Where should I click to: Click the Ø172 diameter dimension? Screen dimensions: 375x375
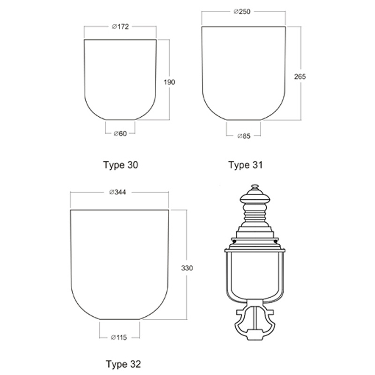[120, 27]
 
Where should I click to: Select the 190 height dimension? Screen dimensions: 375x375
[169, 82]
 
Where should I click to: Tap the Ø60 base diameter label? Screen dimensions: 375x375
[120, 134]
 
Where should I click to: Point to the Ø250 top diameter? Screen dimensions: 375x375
[242, 11]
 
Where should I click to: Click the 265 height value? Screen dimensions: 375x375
[300, 76]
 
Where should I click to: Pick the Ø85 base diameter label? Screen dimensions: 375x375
[244, 136]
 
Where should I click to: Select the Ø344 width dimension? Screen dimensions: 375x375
[118, 192]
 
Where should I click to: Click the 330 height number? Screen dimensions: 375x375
[187, 268]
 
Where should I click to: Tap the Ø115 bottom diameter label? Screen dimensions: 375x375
[119, 337]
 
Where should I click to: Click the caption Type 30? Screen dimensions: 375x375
[120, 165]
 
